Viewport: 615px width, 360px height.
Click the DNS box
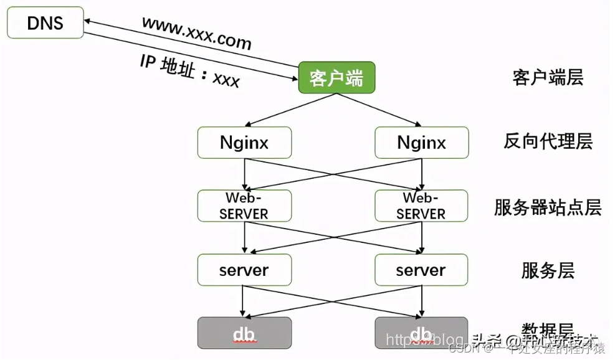click(x=45, y=24)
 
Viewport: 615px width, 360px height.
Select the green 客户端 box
click(x=336, y=78)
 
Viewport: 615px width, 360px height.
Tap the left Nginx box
click(x=244, y=143)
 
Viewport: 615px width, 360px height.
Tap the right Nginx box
click(x=421, y=143)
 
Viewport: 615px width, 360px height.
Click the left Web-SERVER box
click(x=244, y=206)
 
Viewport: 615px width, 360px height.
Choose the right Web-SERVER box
click(x=421, y=206)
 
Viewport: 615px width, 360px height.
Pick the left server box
click(x=244, y=270)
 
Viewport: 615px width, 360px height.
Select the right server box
click(x=421, y=270)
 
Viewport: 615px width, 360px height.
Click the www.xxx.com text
click(x=196, y=33)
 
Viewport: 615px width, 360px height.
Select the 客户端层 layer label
click(x=548, y=78)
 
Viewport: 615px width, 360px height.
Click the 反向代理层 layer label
click(x=548, y=142)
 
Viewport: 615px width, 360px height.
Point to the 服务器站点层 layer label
click(x=548, y=207)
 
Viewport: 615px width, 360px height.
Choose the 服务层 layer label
click(x=548, y=271)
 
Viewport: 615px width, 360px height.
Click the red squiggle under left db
click(x=244, y=342)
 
